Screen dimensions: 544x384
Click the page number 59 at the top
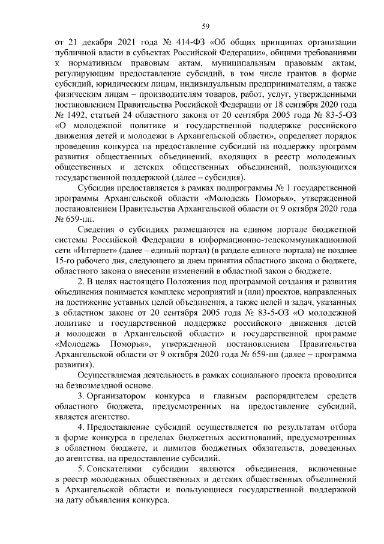click(205, 25)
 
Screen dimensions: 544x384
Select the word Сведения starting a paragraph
click(98, 230)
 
